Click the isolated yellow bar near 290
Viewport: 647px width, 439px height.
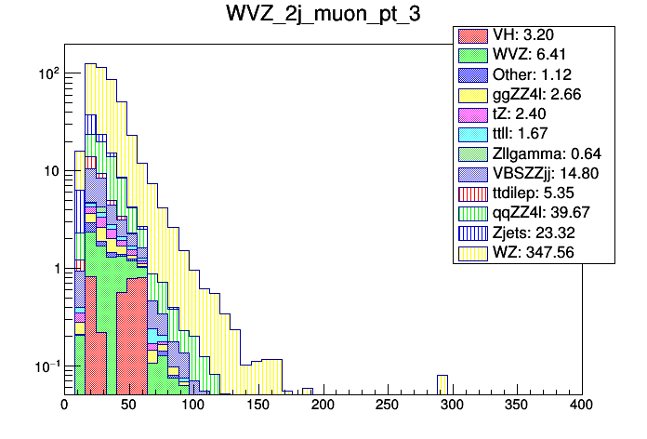442,383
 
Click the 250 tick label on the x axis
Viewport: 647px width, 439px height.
388,406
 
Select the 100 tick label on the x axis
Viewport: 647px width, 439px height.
193,406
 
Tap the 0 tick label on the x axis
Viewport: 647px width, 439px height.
64,406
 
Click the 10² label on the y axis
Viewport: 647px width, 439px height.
46,73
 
